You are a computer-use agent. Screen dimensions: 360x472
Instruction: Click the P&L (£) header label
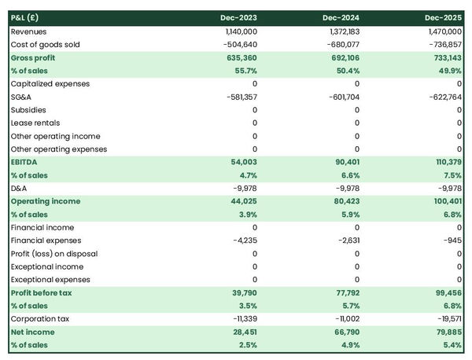pos(26,17)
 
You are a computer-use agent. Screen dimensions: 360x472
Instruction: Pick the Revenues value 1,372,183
pos(341,31)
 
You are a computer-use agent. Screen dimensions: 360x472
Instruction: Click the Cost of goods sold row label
pos(45,45)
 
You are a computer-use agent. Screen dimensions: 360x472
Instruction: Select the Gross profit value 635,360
pos(240,57)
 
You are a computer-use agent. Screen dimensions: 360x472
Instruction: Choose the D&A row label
pos(20,188)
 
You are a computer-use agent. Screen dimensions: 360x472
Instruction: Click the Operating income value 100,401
pos(446,201)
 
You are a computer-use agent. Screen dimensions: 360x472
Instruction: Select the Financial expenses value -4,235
pos(243,241)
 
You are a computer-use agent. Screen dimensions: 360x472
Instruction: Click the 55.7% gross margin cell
pos(245,71)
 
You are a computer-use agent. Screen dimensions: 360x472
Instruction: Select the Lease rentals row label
pos(35,123)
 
